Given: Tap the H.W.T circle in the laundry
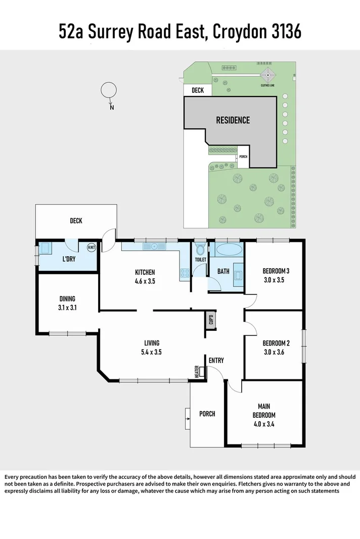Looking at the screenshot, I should (x=92, y=248).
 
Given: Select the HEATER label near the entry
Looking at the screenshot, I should (x=197, y=372).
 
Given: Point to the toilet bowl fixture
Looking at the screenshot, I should (x=200, y=250).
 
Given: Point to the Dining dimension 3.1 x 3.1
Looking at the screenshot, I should (x=67, y=307).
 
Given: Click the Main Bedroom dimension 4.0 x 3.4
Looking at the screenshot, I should (x=263, y=424).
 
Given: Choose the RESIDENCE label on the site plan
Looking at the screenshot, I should (x=233, y=120).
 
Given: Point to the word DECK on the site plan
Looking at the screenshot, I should (x=197, y=91).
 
